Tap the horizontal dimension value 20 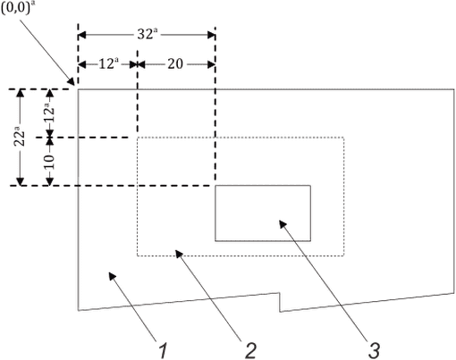pos(175,63)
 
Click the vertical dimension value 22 pos(20,137)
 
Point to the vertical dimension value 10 pos(49,162)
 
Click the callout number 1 pos(163,350)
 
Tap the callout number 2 pos(250,350)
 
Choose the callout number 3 pos(374,350)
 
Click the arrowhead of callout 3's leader pos(283,223)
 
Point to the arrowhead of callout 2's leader pos(179,254)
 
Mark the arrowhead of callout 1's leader pos(112,276)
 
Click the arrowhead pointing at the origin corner pos(71,81)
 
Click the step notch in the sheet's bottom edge pos(280,302)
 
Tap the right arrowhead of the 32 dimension pos(211,35)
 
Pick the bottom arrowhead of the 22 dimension pos(20,181)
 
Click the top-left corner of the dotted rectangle pos(138,138)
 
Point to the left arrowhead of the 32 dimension pos(81,35)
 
